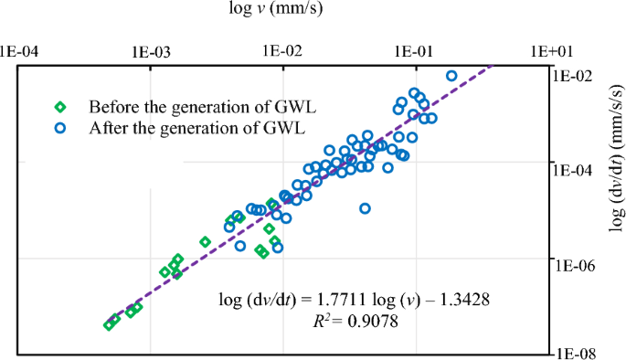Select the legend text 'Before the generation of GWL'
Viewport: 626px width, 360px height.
point(186,106)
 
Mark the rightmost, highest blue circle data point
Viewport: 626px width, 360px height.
point(451,76)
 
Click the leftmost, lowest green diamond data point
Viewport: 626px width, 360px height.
point(109,325)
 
